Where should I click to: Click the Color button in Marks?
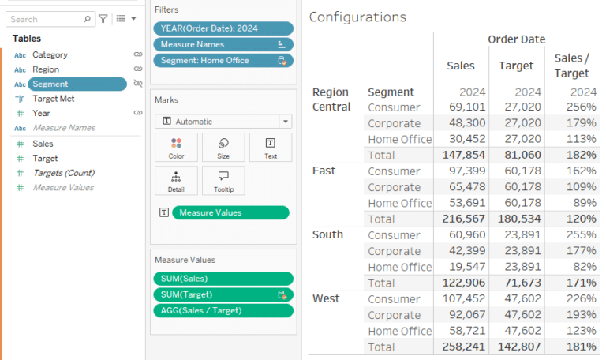(175, 147)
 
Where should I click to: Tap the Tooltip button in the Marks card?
(223, 180)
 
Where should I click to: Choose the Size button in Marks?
(223, 147)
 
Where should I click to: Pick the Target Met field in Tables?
(53, 99)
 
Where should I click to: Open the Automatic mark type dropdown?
(223, 122)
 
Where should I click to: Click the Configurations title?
(357, 17)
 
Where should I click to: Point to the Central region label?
(331, 107)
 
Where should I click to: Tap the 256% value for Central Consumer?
(582, 107)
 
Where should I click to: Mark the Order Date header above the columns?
(516, 39)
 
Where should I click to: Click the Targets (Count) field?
(63, 173)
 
